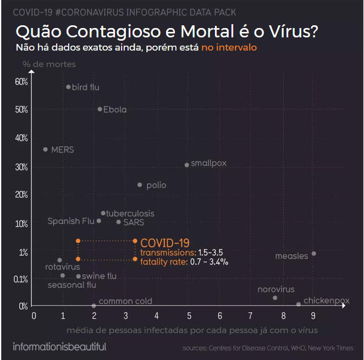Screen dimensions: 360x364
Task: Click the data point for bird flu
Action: [68, 87]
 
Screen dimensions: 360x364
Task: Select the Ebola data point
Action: [100, 109]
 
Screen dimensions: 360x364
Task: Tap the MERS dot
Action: [45, 149]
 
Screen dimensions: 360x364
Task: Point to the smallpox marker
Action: [187, 165]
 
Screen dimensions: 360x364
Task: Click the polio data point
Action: [140, 185]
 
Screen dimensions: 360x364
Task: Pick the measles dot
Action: [313, 253]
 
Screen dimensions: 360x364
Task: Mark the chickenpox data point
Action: [299, 304]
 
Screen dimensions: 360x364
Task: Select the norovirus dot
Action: [275, 297]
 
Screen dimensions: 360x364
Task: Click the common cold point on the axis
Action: [94, 306]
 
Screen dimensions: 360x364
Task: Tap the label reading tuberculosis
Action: [130, 213]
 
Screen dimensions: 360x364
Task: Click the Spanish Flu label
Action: [71, 221]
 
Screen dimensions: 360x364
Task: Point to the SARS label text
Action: [134, 222]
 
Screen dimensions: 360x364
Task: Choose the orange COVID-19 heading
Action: [165, 242]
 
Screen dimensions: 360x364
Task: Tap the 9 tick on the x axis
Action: [313, 315]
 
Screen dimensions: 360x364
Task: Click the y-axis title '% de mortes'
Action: [49, 64]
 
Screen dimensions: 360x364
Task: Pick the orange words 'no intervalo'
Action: [229, 47]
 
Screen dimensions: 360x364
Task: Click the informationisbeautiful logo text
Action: [59, 347]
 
